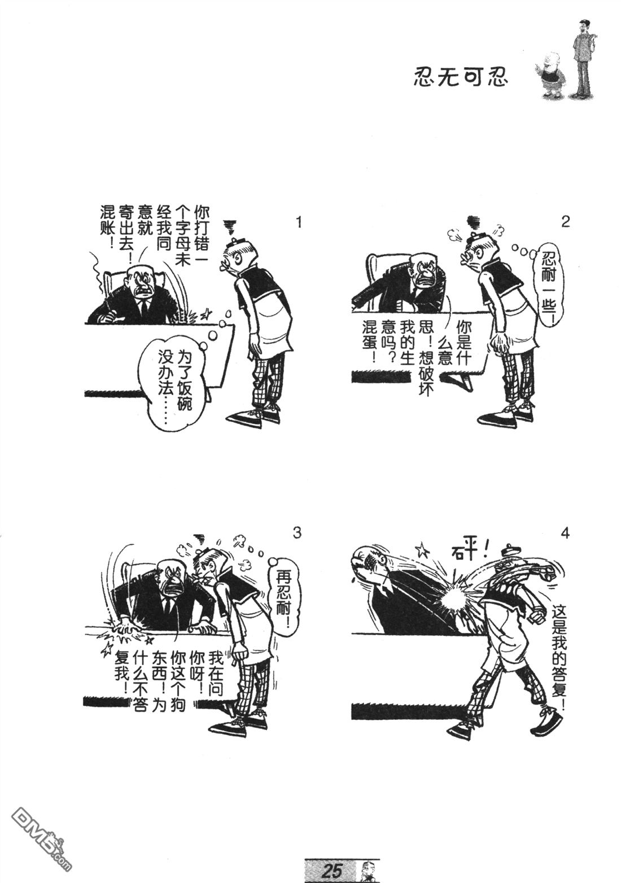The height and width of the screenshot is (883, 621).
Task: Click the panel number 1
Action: click(x=299, y=223)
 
